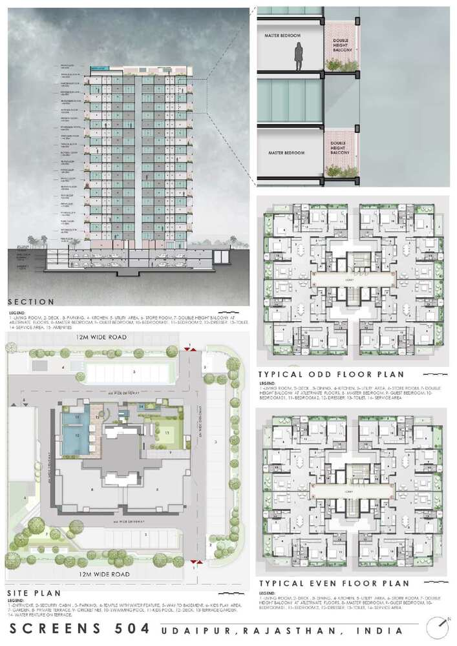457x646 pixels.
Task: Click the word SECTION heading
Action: click(x=31, y=302)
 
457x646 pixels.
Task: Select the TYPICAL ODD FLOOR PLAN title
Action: click(x=330, y=374)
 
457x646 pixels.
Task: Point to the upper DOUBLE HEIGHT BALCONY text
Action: click(x=340, y=48)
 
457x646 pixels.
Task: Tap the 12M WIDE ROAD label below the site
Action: click(x=104, y=574)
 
